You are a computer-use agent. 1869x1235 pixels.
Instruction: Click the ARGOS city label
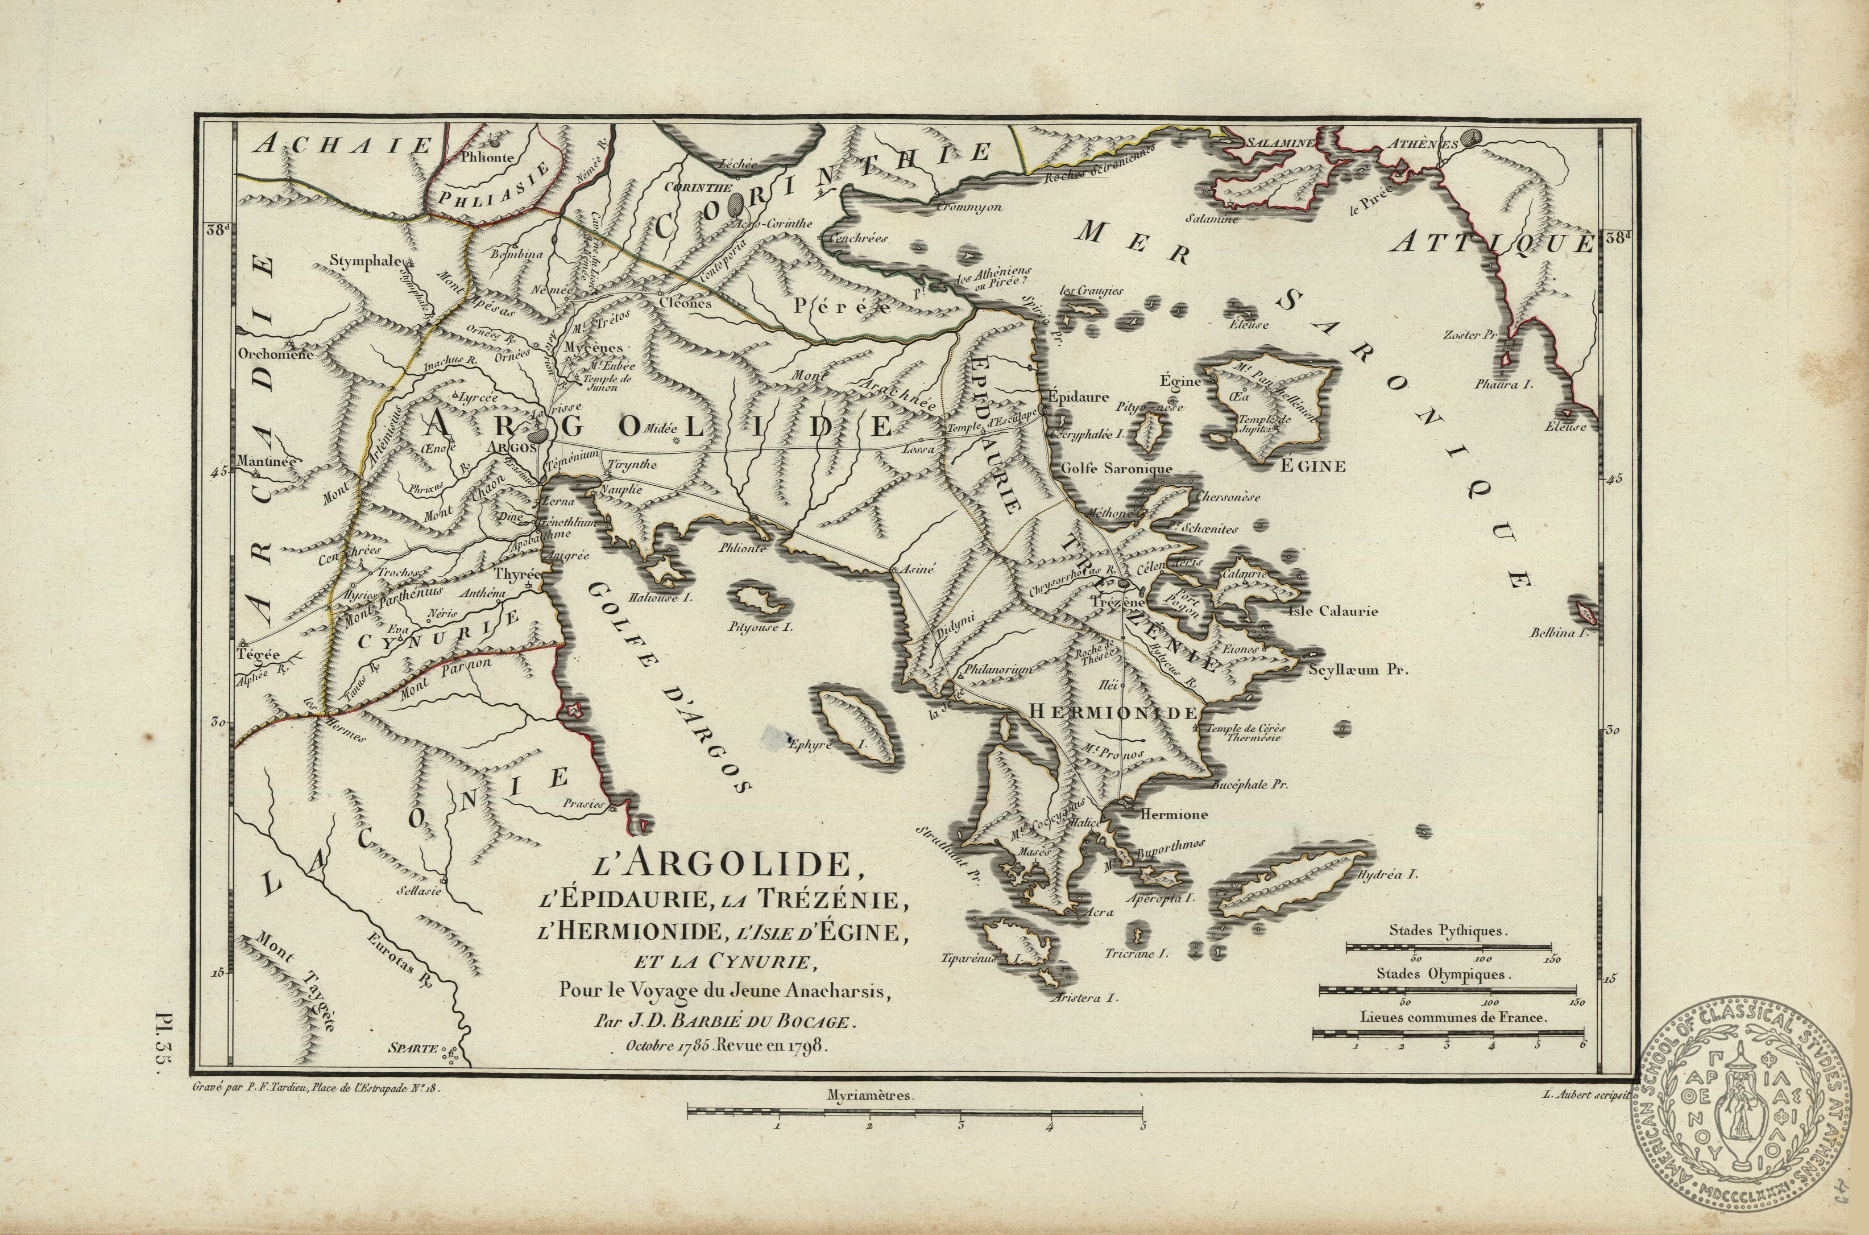click(x=512, y=447)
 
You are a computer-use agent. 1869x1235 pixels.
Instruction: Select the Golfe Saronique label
click(x=1116, y=469)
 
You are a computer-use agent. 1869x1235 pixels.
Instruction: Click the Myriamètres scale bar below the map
click(x=915, y=1112)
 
